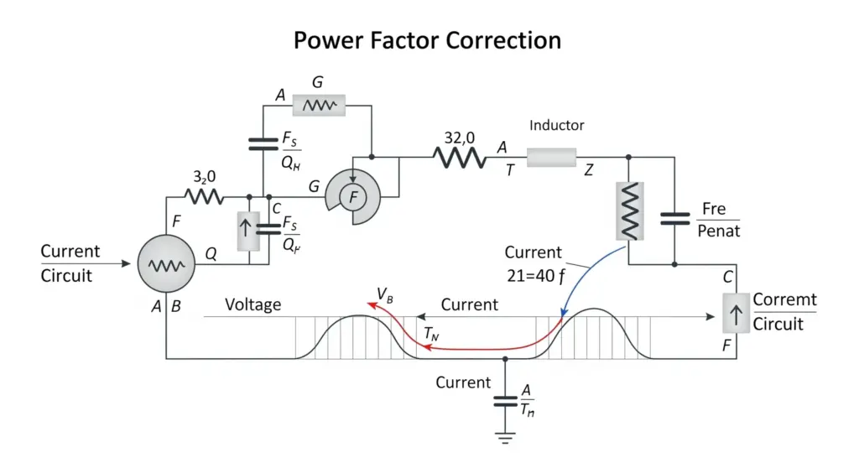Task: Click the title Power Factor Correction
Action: (427, 40)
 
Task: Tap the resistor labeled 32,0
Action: (461, 158)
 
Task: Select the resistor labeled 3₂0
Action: (204, 196)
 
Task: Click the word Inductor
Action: (557, 126)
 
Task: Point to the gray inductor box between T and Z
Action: (552, 158)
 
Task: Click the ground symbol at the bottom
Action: (505, 437)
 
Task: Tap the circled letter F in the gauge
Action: (353, 197)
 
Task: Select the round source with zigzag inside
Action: (166, 263)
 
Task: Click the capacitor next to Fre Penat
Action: (674, 219)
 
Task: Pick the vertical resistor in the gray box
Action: (629, 211)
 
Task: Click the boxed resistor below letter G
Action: (319, 105)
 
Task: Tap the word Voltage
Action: (253, 304)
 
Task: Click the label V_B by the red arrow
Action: (384, 296)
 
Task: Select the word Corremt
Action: (784, 299)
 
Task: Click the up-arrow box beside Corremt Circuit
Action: (736, 313)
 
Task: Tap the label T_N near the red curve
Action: (432, 334)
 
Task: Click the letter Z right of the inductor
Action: (588, 170)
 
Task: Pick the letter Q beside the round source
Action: (211, 254)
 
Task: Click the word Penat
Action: (718, 231)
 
